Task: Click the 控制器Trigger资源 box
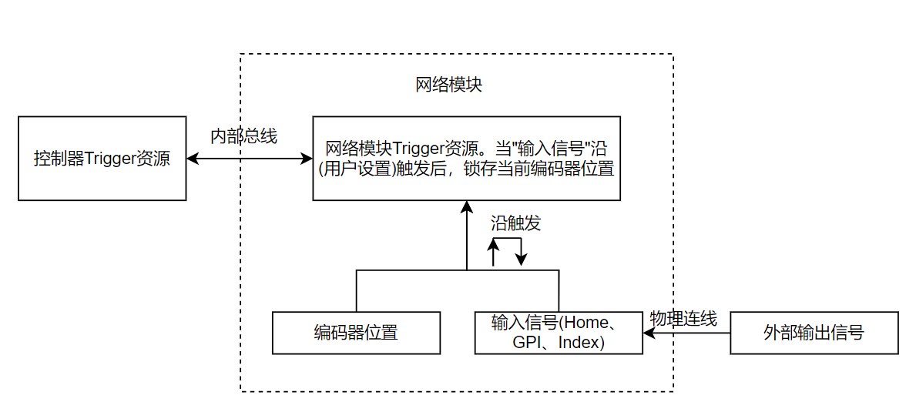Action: tap(102, 159)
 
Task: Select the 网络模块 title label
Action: tap(448, 85)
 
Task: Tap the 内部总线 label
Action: tap(243, 136)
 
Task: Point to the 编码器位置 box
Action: tap(356, 333)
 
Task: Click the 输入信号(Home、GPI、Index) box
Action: tap(559, 333)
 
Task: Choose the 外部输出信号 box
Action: tap(814, 333)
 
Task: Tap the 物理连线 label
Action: tap(683, 318)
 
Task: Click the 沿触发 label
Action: tap(515, 223)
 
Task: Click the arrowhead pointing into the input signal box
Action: tap(649, 333)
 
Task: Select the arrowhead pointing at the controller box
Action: tap(193, 159)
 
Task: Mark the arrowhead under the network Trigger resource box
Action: tap(466, 206)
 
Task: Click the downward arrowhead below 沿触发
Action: tap(522, 260)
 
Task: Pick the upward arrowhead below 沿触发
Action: tap(494, 244)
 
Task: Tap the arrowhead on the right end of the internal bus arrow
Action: tap(307, 159)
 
